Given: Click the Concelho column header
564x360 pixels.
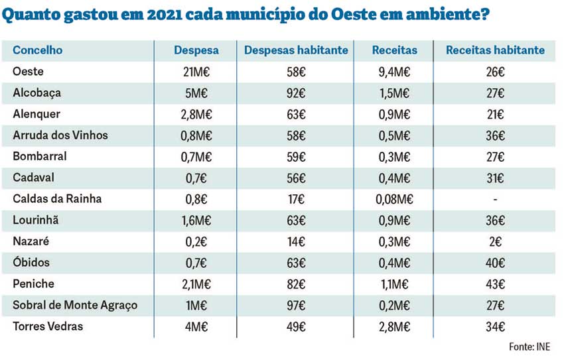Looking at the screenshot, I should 37,50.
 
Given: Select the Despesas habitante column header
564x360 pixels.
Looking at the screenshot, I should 296,50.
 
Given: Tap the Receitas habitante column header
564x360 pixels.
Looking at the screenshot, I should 495,50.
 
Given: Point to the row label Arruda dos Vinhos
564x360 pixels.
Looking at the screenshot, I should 60,135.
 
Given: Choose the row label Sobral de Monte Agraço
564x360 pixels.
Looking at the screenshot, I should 75,305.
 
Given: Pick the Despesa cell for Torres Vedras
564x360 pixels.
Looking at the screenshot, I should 196,326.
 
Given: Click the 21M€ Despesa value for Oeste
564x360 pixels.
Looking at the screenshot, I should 196,72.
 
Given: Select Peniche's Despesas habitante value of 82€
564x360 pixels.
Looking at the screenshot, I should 296,284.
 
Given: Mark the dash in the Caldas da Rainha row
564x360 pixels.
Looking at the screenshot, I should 495,199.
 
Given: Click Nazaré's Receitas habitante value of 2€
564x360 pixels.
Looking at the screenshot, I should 495,241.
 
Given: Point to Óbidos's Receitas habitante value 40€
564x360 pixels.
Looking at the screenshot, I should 495,263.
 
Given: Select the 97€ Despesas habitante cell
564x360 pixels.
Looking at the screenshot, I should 296,305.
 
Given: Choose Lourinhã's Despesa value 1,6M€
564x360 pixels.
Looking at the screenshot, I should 196,220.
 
